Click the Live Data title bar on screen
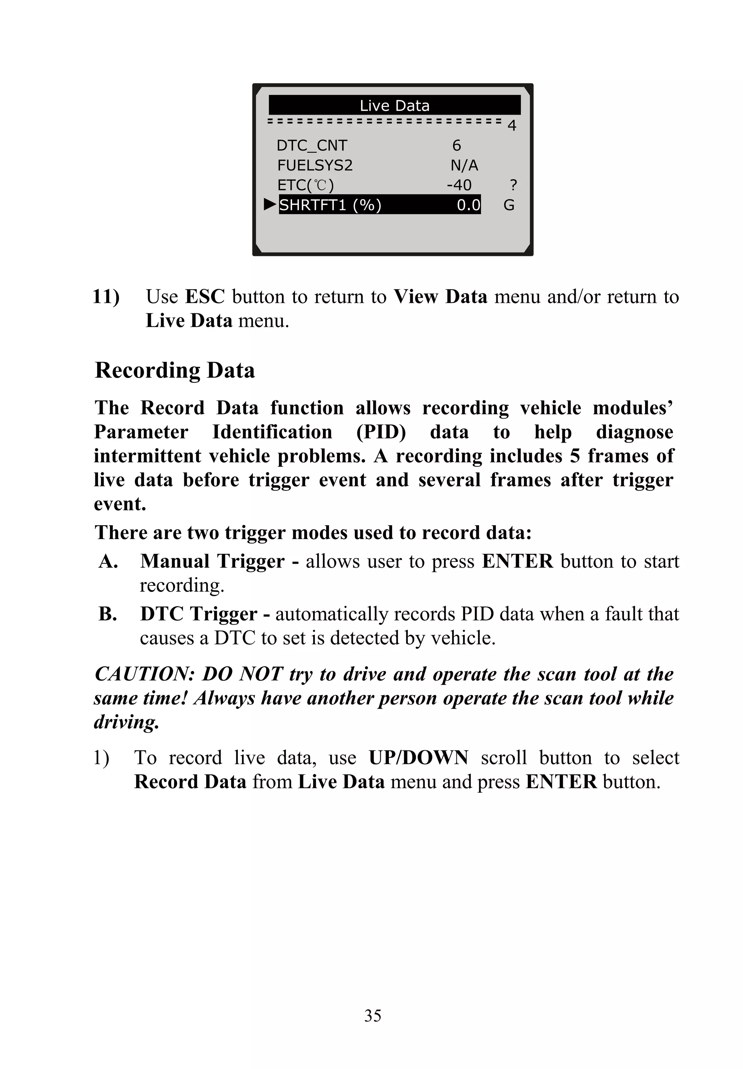pyautogui.click(x=394, y=106)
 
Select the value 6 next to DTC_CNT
pyautogui.click(x=456, y=146)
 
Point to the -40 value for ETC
pyautogui.click(x=459, y=185)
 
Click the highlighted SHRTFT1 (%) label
pyautogui.click(x=330, y=205)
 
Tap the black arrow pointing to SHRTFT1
pyautogui.click(x=270, y=204)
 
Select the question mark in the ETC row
pyautogui.click(x=513, y=185)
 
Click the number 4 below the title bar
pyautogui.click(x=511, y=126)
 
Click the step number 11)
pyautogui.click(x=106, y=296)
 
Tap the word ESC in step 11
pyautogui.click(x=205, y=296)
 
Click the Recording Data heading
pyautogui.click(x=175, y=370)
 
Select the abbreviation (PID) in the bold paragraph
pyautogui.click(x=381, y=432)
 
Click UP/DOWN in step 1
pyautogui.click(x=418, y=758)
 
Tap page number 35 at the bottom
pyautogui.click(x=373, y=1015)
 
